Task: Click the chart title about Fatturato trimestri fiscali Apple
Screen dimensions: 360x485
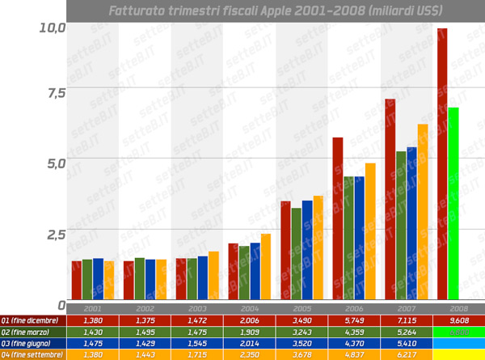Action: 275,11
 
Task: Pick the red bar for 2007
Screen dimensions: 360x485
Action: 390,199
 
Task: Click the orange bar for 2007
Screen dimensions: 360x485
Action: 422,211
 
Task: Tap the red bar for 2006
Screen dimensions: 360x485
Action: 338,218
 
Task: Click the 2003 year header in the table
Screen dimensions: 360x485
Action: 196,309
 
